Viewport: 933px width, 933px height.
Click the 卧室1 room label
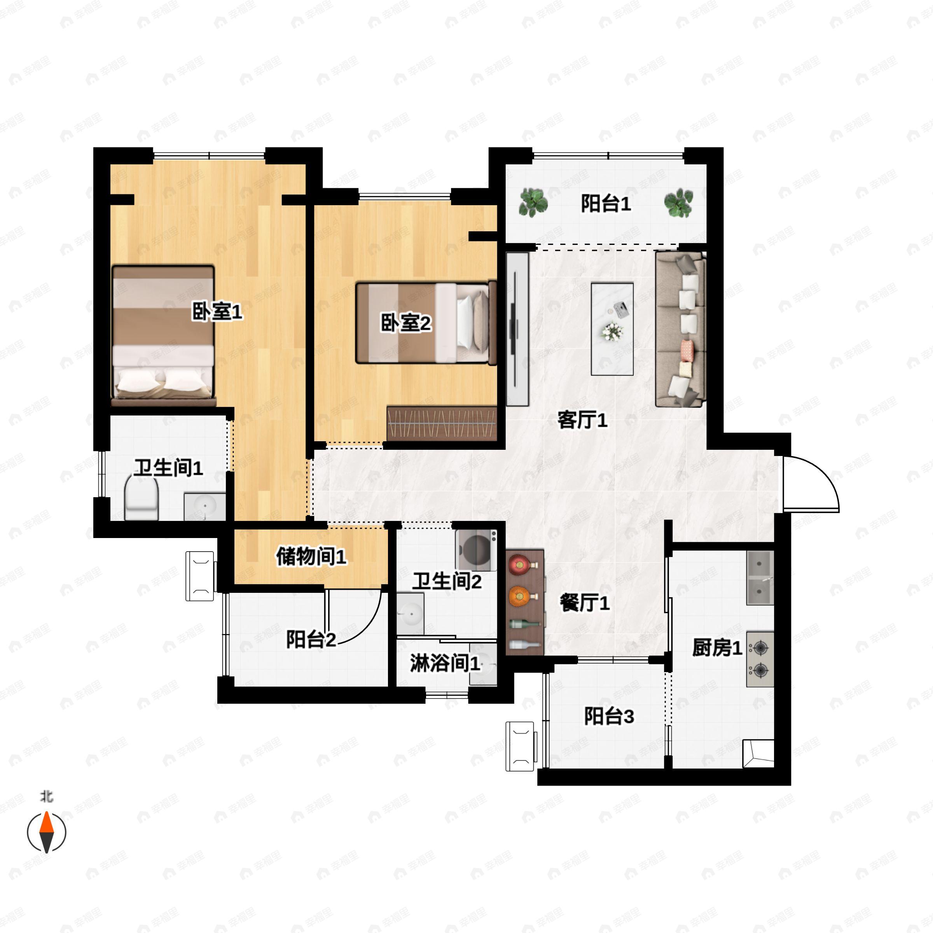tap(217, 312)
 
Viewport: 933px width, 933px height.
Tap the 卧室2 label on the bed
tap(405, 323)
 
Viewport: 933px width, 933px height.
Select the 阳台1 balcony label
tap(606, 204)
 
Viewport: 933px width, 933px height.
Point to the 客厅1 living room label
tap(582, 420)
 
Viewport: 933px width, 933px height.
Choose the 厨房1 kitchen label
tap(716, 648)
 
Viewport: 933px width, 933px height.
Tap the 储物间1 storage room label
tap(311, 557)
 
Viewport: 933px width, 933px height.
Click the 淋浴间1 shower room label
tap(445, 664)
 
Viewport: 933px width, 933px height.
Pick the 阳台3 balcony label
tap(608, 716)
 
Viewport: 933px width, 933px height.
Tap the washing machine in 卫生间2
tap(476, 550)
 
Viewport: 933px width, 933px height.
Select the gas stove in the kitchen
tap(760, 659)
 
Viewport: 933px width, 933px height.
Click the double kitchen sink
tap(760, 578)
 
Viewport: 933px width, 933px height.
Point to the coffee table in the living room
tap(612, 329)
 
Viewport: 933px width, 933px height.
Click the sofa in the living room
tap(680, 329)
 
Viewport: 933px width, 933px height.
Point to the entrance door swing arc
tap(816, 478)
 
